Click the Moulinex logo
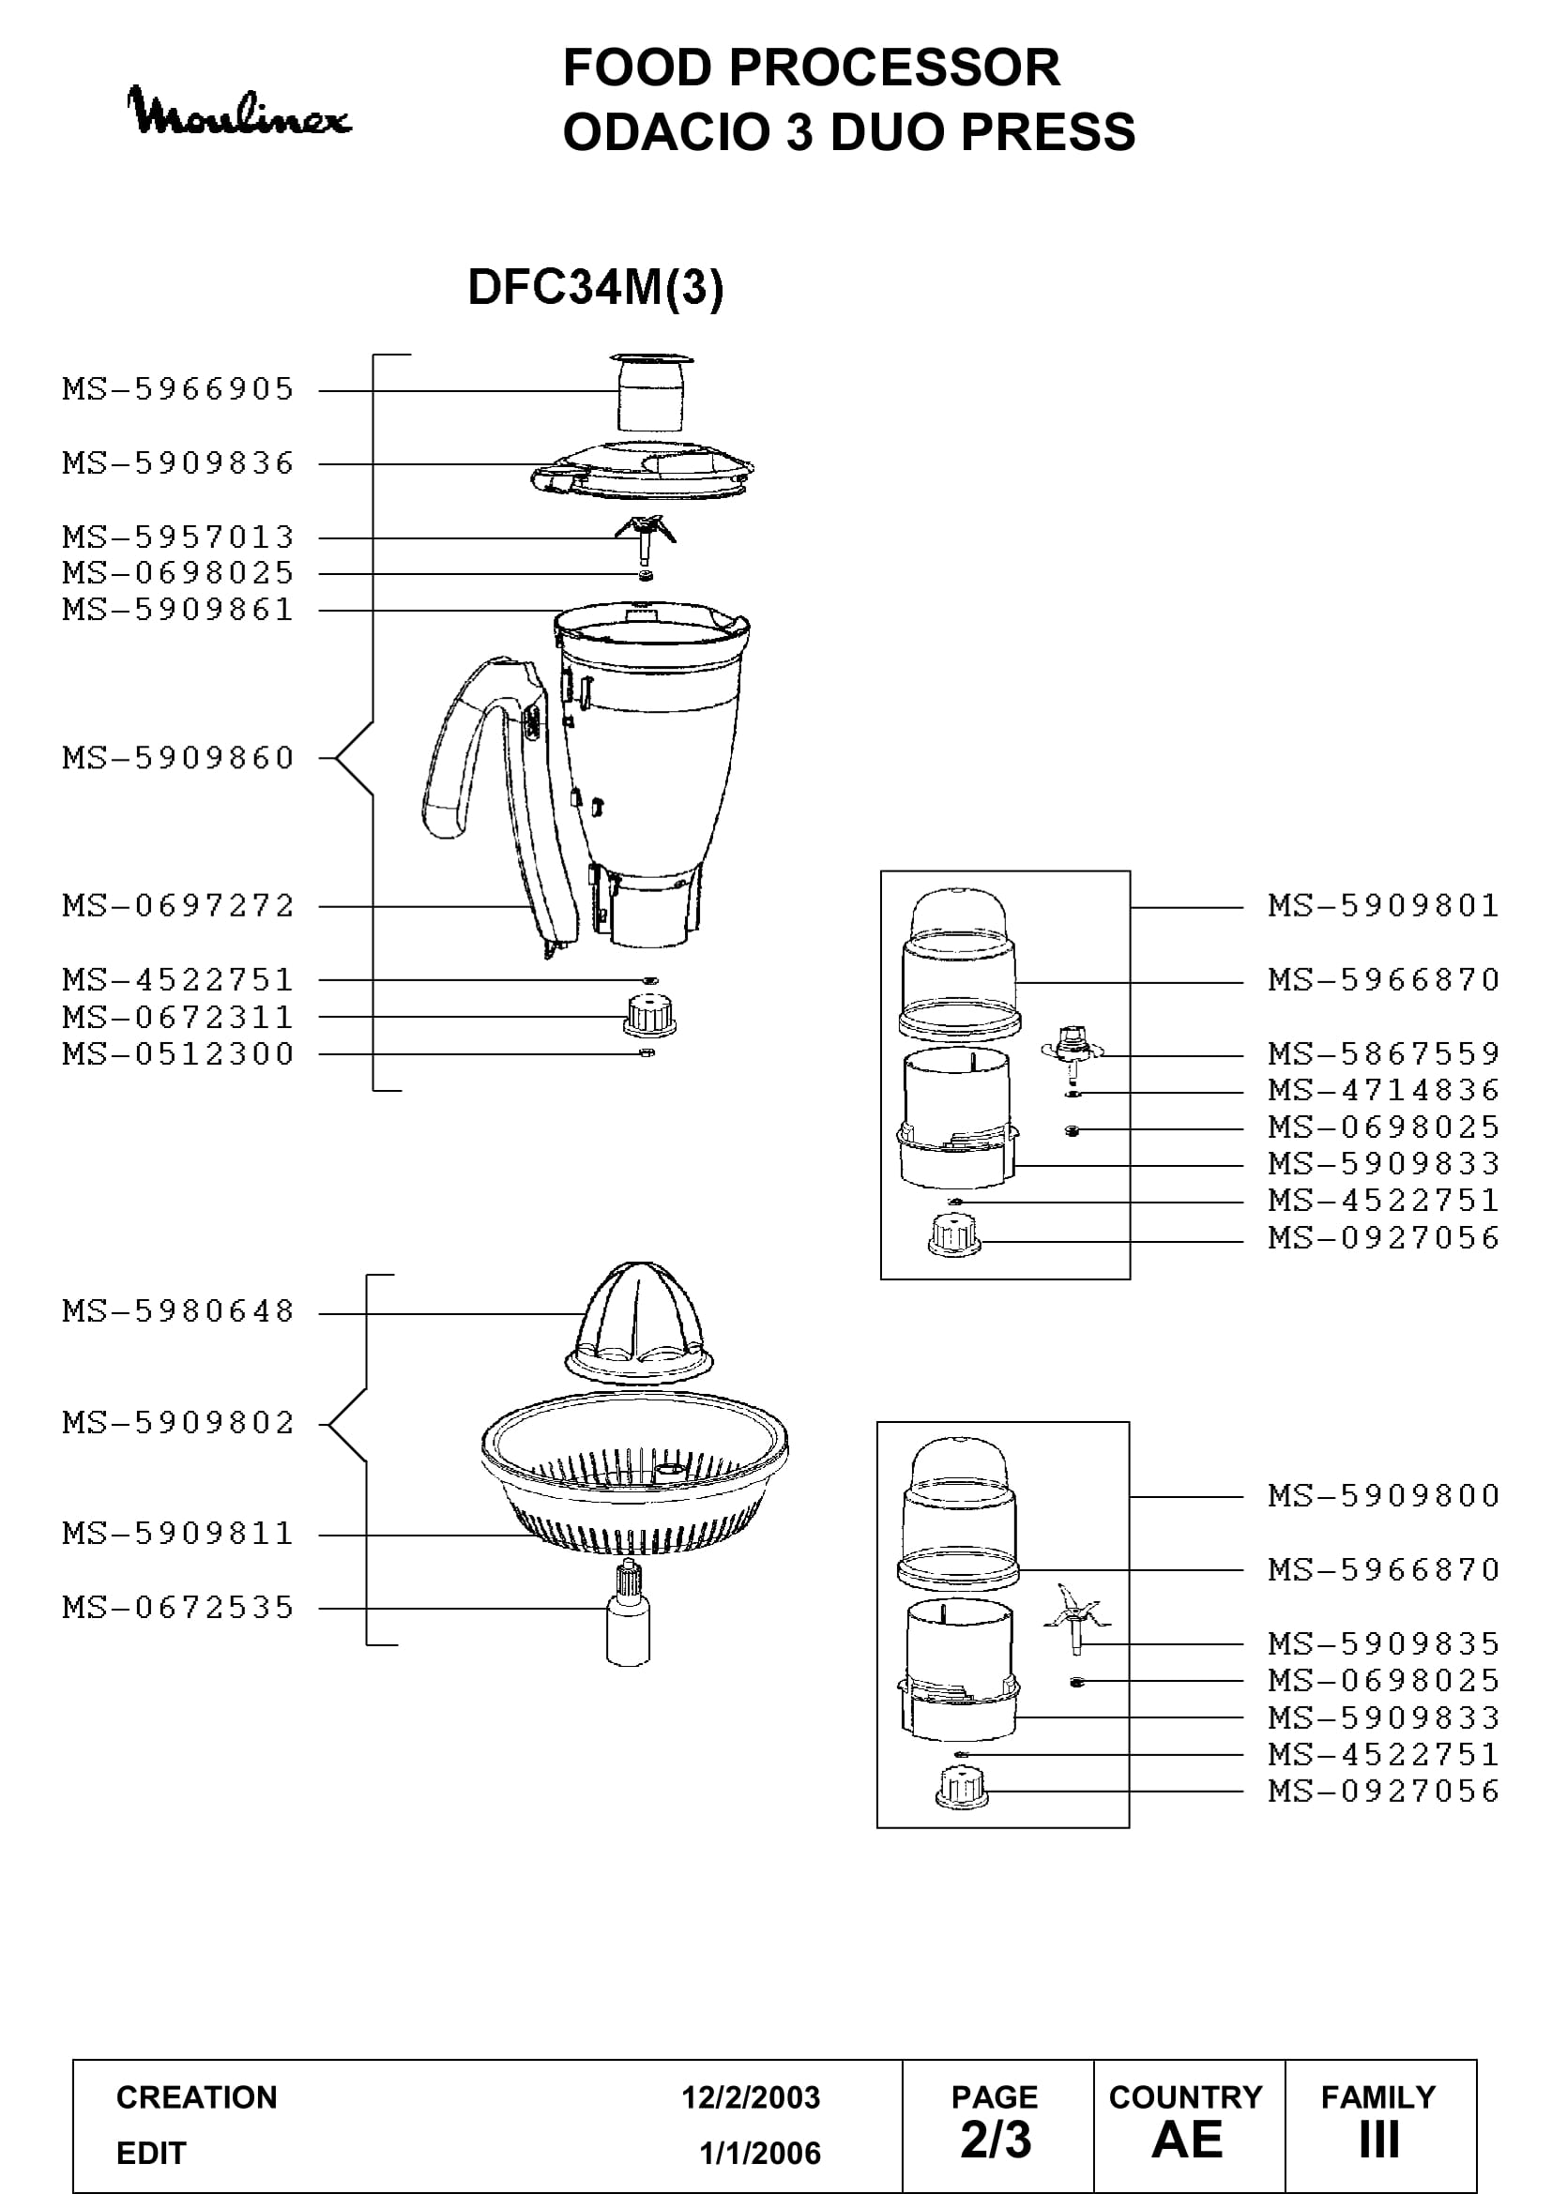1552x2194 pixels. tap(239, 112)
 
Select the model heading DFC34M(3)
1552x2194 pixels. tap(596, 287)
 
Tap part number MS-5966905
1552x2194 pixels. tap(178, 389)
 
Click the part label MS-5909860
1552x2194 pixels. tap(178, 758)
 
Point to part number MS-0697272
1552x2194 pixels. tap(178, 905)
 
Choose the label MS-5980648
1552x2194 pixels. tap(178, 1311)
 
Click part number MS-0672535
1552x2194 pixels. tap(178, 1608)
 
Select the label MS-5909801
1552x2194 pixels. tap(1384, 905)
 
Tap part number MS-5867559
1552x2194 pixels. tap(1384, 1053)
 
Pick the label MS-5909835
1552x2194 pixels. tap(1384, 1643)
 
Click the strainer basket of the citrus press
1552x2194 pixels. tap(634, 1473)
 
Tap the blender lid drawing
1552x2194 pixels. tap(642, 469)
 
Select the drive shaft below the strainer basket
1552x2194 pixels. tap(628, 1615)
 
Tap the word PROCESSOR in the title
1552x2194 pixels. tap(894, 68)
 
